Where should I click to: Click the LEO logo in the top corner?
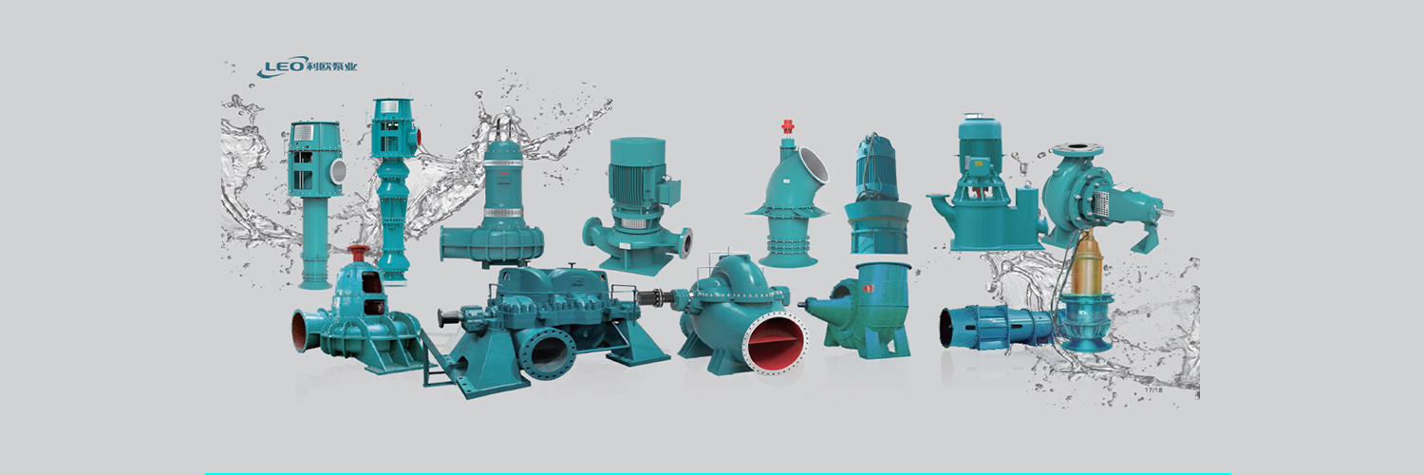[x=308, y=66]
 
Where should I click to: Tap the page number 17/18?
[x=1153, y=389]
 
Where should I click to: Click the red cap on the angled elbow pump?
[x=788, y=125]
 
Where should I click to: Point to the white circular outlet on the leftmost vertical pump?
[x=338, y=170]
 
